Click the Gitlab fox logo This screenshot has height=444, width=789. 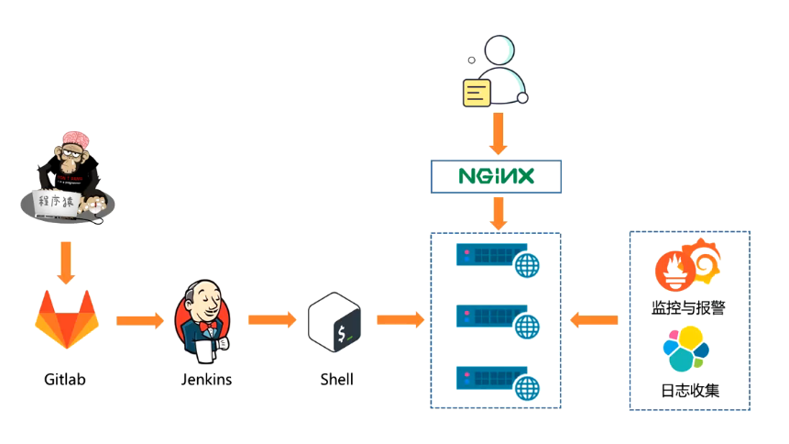(64, 321)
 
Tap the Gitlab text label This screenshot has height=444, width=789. (64, 379)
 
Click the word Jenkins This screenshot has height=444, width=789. (206, 379)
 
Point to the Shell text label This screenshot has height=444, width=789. (337, 379)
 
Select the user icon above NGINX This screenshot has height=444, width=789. (495, 72)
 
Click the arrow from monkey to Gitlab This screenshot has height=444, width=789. (64, 262)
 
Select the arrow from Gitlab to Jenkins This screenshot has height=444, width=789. (140, 320)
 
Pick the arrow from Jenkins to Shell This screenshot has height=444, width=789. (272, 320)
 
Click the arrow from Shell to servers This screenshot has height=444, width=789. (400, 320)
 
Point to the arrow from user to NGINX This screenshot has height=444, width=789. (498, 134)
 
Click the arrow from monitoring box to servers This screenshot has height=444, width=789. (594, 320)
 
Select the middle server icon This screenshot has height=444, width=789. (499, 320)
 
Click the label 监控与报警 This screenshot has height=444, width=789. (690, 306)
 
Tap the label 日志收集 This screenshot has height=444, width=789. (690, 390)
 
